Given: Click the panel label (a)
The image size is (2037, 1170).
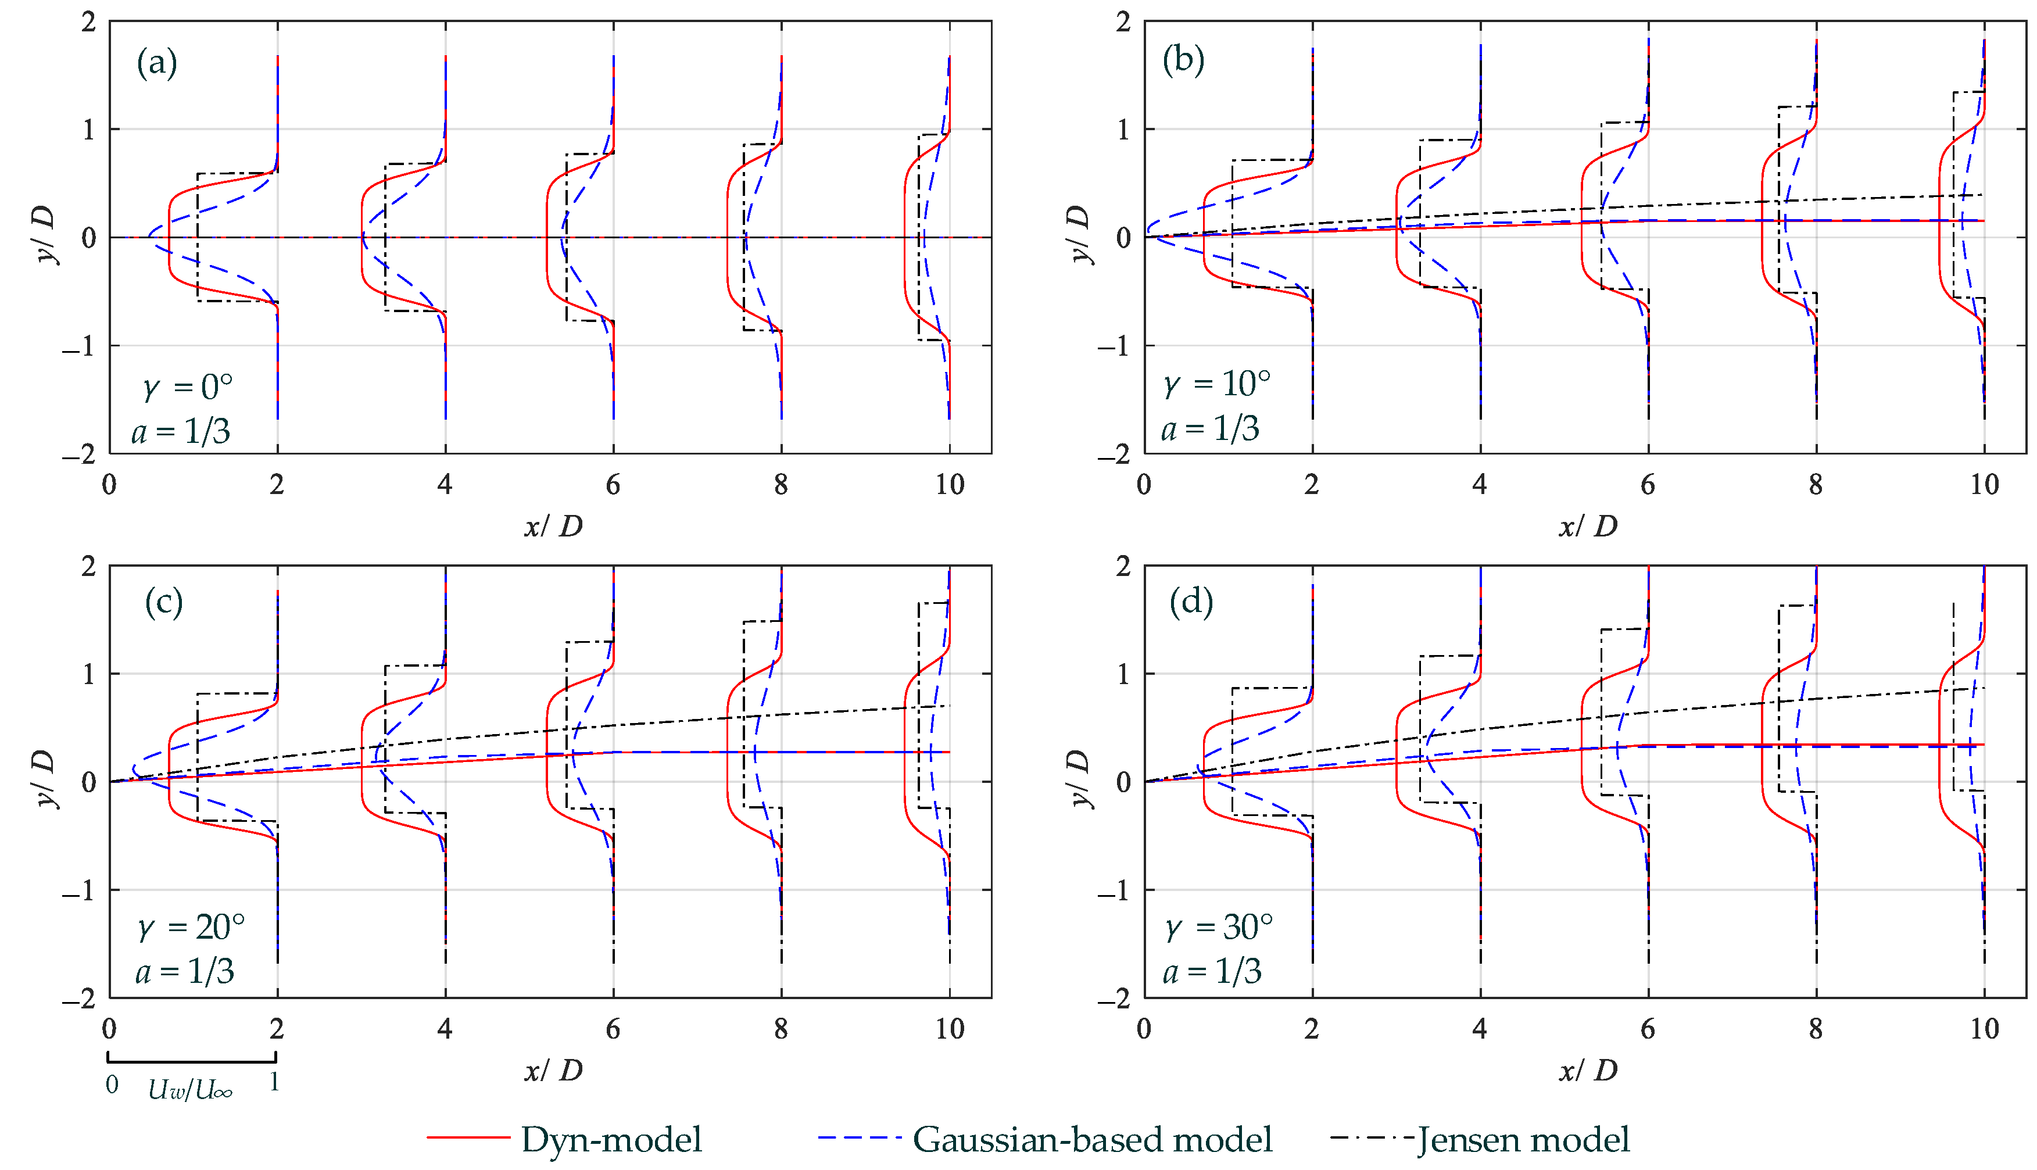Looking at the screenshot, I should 157,63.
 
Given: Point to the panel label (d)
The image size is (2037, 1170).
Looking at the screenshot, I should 1190,601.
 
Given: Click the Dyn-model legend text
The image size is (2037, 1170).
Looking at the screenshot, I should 611,1139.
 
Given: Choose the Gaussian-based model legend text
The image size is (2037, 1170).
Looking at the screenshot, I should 1093,1139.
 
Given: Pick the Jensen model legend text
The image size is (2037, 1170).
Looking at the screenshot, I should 1523,1139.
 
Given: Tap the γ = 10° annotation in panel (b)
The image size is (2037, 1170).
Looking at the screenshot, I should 1218,384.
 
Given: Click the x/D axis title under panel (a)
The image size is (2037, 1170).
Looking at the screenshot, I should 553,527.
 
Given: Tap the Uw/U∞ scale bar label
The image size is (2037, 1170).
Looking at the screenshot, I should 191,1090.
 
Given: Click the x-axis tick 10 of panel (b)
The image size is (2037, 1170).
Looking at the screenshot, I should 1984,485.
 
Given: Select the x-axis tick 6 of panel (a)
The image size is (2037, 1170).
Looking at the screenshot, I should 613,485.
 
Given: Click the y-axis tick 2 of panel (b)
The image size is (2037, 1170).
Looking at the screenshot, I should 1123,23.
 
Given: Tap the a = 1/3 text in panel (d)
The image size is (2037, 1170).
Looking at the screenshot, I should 1211,972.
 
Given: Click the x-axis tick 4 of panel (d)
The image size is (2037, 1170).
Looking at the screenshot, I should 1480,1029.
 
